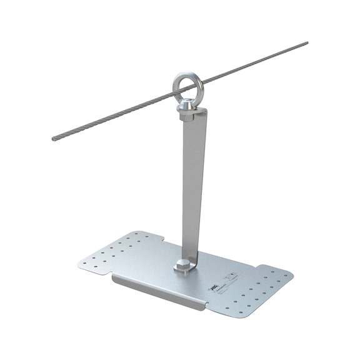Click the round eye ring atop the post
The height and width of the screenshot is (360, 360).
coord(188,82)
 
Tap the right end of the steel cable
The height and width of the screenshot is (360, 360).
coord(306,44)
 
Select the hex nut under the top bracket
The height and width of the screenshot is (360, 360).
coord(187,116)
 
